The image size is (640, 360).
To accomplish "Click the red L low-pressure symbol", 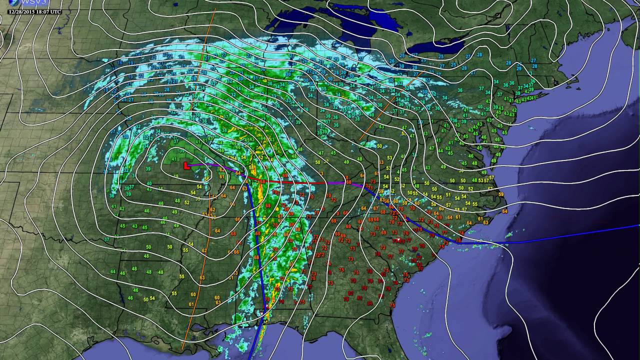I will [186, 164].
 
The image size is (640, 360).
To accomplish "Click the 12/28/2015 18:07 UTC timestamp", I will [34, 11].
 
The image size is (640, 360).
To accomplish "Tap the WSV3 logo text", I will [23, 4].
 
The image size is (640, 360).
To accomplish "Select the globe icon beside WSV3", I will [10, 4].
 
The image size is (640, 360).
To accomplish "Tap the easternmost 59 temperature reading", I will [500, 194].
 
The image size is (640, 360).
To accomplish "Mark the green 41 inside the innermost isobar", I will [174, 159].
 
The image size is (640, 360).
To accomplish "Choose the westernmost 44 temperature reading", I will [112, 271].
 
